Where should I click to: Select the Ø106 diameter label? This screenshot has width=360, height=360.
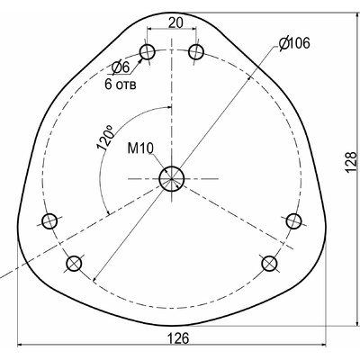294,43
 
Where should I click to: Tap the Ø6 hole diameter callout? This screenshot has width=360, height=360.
121,67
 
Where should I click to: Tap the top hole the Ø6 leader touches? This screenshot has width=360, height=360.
148,51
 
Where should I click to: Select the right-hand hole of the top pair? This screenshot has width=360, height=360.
194,53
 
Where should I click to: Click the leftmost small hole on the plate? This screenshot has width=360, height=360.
50,220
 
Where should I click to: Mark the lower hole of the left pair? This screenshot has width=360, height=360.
74,263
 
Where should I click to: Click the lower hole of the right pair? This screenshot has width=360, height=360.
269,263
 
